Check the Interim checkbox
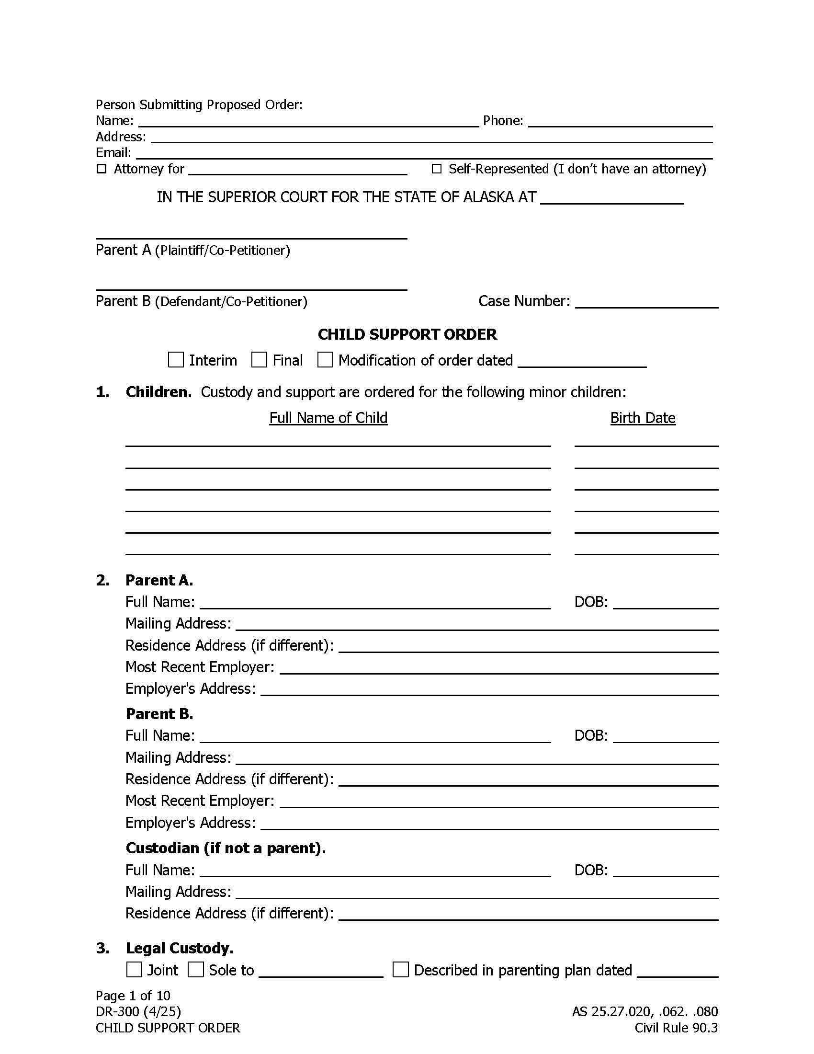coord(176,359)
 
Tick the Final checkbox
coord(259,359)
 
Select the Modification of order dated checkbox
coord(325,359)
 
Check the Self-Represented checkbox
coord(436,169)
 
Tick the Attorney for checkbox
coord(101,169)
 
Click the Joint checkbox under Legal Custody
coord(134,970)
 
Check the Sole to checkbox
coord(195,970)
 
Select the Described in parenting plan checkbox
coord(401,970)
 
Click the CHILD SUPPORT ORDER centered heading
coord(407,334)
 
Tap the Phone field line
coord(620,122)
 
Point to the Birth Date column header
coord(642,418)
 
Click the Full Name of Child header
coord(328,418)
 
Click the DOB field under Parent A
coord(666,603)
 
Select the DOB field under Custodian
coord(666,871)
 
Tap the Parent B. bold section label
coord(159,714)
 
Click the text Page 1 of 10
coord(133,996)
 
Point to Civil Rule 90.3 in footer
coord(676,1028)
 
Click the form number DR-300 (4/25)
coord(138,1011)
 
